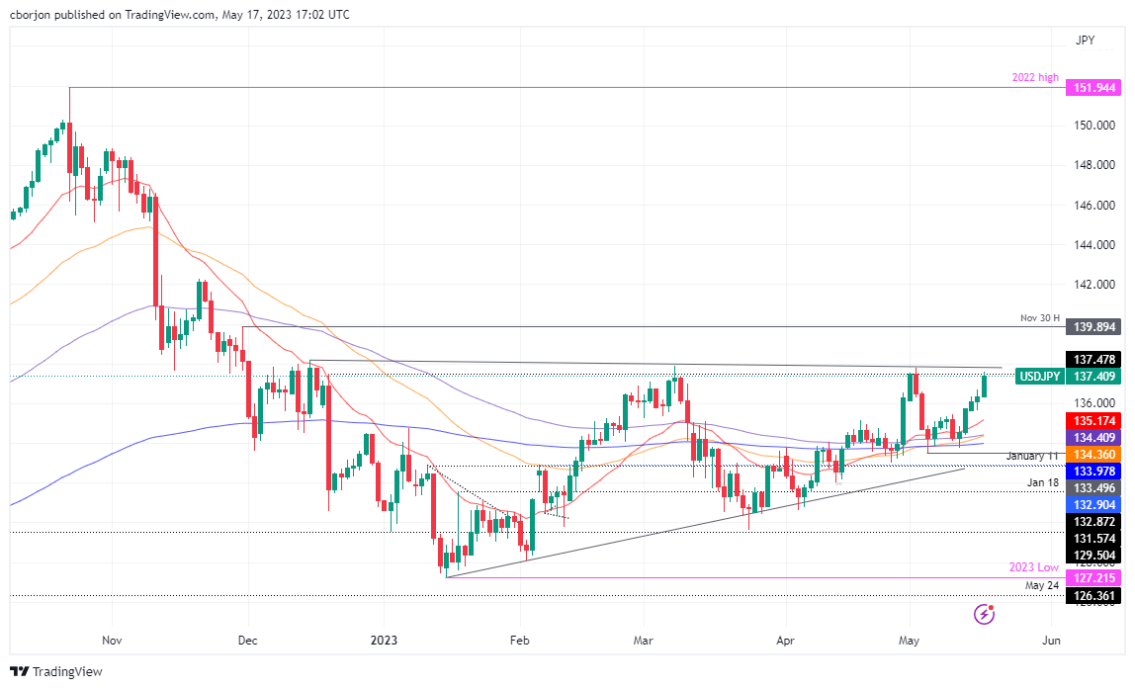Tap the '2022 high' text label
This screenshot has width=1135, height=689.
coord(1034,77)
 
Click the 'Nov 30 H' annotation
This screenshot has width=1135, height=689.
coord(1040,318)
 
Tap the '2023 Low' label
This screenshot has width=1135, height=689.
coord(1035,567)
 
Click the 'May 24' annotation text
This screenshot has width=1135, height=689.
coord(1041,585)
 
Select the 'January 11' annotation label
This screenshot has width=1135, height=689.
coord(1033,456)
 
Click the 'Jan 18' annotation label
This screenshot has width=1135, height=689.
coord(1042,483)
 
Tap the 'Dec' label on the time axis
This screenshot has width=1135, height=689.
coord(247,640)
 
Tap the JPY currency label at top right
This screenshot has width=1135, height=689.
coord(1085,41)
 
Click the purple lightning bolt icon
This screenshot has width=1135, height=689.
coord(984,615)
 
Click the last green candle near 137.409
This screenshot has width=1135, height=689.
coord(984,387)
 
